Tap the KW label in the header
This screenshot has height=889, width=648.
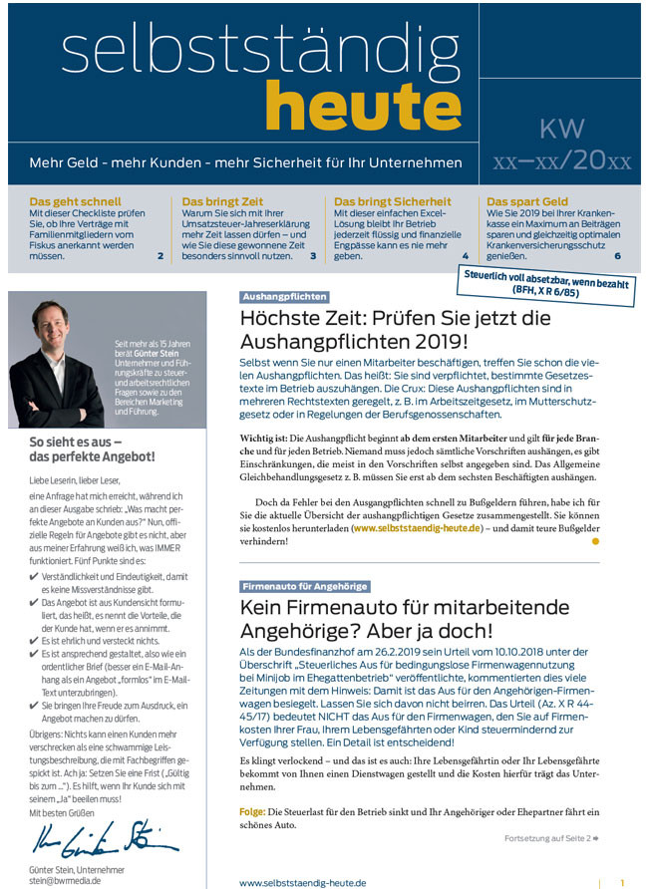(x=561, y=129)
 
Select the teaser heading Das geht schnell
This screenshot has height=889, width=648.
(x=76, y=201)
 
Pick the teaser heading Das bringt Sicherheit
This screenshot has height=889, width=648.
(x=392, y=201)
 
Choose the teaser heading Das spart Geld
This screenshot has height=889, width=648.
(x=527, y=201)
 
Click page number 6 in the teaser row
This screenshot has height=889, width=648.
(x=617, y=256)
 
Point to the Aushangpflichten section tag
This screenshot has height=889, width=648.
(x=284, y=297)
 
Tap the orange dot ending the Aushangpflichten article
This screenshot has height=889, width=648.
(x=596, y=541)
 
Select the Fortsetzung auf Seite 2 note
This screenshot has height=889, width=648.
(x=551, y=838)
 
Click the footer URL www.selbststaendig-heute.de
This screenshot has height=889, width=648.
(x=303, y=882)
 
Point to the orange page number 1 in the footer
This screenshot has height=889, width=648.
(x=622, y=882)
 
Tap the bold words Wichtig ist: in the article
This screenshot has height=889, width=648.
(x=264, y=439)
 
